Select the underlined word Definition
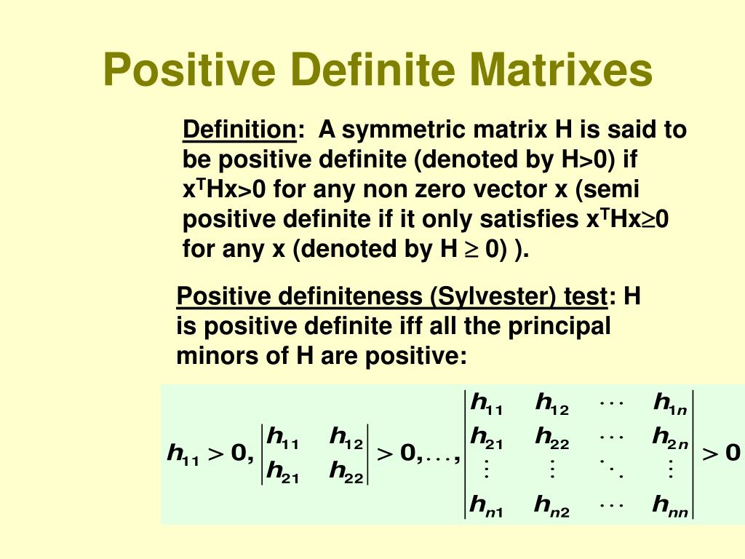point(238,130)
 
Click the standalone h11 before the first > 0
point(183,453)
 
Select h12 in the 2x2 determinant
point(346,437)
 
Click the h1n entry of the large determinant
point(669,403)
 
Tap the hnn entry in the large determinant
point(670,504)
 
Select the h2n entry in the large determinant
point(669,437)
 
